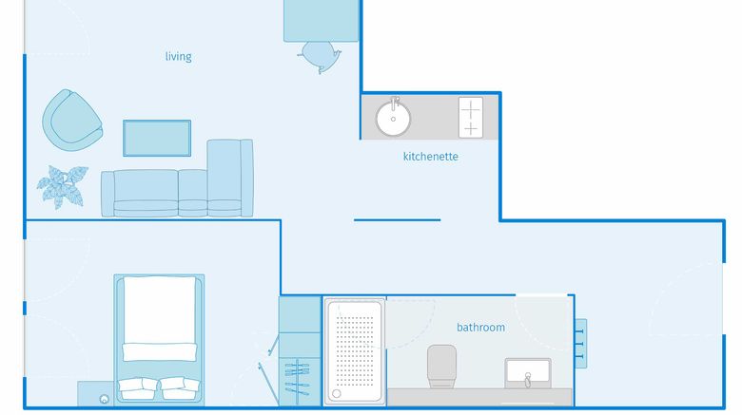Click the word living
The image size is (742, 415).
point(179,57)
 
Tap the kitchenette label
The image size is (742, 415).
point(431,157)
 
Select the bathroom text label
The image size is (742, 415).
point(480,327)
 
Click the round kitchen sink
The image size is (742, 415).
point(393,118)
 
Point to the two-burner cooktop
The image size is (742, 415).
point(471,118)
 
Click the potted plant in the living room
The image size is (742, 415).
point(63,186)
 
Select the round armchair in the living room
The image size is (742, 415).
point(72,120)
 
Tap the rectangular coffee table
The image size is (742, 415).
point(157,138)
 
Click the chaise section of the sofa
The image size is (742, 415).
point(230,178)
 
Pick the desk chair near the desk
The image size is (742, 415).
point(320,57)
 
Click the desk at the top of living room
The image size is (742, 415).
point(321,21)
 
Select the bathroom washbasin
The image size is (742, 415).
point(528,373)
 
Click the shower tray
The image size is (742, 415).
point(355,351)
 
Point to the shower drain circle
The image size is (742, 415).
point(337,393)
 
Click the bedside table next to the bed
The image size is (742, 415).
point(95,393)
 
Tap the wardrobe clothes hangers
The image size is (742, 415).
point(297,377)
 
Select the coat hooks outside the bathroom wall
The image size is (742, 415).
point(580,344)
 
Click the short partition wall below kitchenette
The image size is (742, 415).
point(397,219)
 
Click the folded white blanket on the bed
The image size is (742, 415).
point(160,352)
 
